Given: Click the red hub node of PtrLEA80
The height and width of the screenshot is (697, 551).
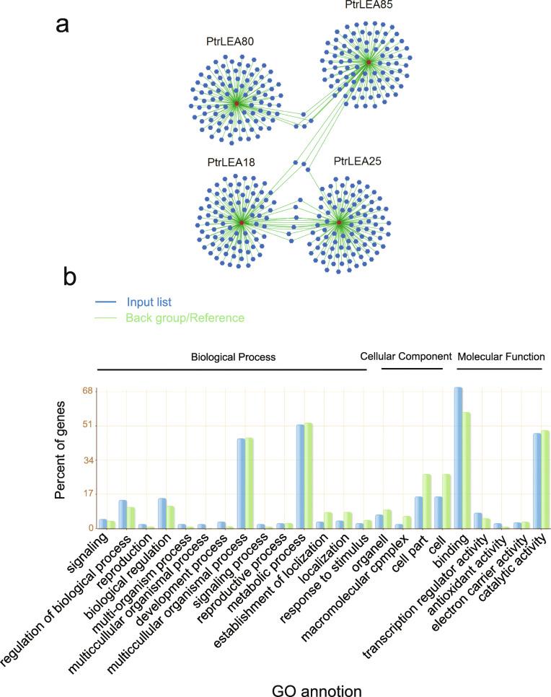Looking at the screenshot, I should click(x=236, y=105).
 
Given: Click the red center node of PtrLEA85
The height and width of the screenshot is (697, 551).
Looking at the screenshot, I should click(x=369, y=63).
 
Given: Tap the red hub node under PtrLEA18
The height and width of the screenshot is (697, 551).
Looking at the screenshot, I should click(x=242, y=223).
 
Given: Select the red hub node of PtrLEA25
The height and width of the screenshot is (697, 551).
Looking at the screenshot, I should click(x=339, y=222).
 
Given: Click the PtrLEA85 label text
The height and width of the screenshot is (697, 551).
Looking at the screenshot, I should click(x=369, y=6).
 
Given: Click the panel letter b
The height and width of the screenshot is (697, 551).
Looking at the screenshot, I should click(x=70, y=275).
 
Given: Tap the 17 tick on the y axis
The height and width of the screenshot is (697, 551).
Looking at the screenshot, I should click(x=88, y=494).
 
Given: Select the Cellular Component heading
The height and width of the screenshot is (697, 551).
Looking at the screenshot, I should click(x=405, y=356).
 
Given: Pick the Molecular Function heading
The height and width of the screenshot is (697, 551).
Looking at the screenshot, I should click(x=501, y=356).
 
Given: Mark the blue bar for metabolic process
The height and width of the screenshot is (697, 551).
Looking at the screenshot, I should click(x=301, y=476).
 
